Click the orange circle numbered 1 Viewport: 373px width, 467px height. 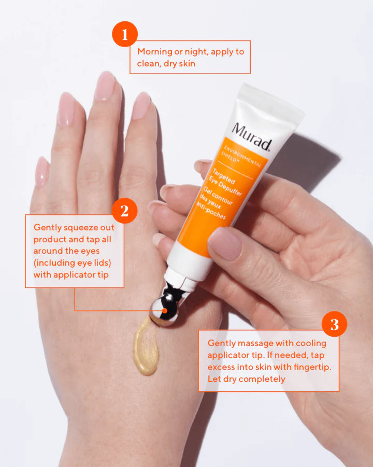pyautogui.click(x=125, y=34)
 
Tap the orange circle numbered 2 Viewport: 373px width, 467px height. pyautogui.click(x=125, y=211)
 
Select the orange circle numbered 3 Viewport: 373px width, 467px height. pyautogui.click(x=334, y=324)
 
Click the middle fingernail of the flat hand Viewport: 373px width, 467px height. pyautogui.click(x=105, y=86)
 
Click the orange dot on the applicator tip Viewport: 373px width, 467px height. pyautogui.click(x=165, y=311)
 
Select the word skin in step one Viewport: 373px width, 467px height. pyautogui.click(x=187, y=64)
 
